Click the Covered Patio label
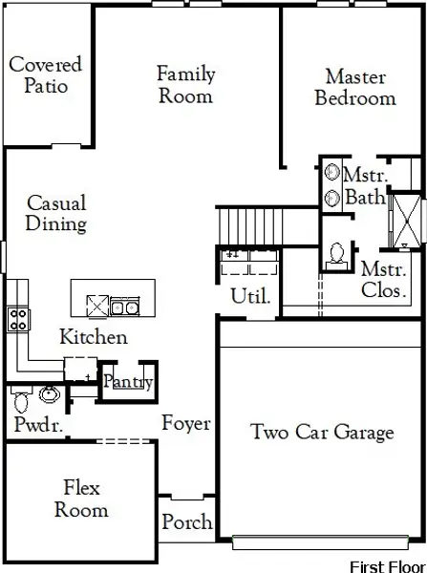pyautogui.click(x=45, y=74)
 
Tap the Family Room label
pyautogui.click(x=185, y=84)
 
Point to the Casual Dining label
pyautogui.click(x=56, y=213)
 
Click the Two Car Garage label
pyautogui.click(x=322, y=432)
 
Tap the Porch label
pyautogui.click(x=186, y=522)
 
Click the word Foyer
pyautogui.click(x=185, y=424)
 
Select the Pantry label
pyautogui.click(x=128, y=382)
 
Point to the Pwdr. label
pyautogui.click(x=38, y=425)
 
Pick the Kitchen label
pyautogui.click(x=93, y=337)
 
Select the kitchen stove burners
pyautogui.click(x=17, y=319)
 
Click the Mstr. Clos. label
pyautogui.click(x=385, y=280)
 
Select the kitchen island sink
pyautogui.click(x=123, y=307)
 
